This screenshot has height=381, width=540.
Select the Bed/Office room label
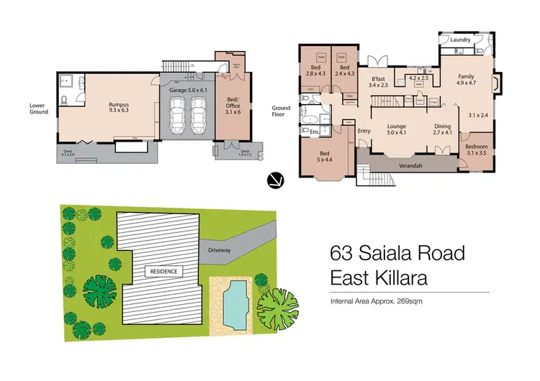tap(231, 104)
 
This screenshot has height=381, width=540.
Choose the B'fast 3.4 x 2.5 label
tap(377, 83)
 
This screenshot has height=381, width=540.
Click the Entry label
tap(364, 130)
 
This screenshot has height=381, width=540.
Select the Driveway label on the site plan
tap(220, 250)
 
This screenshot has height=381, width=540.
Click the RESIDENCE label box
tap(163, 271)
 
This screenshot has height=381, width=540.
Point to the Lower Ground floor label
tap(39, 108)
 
